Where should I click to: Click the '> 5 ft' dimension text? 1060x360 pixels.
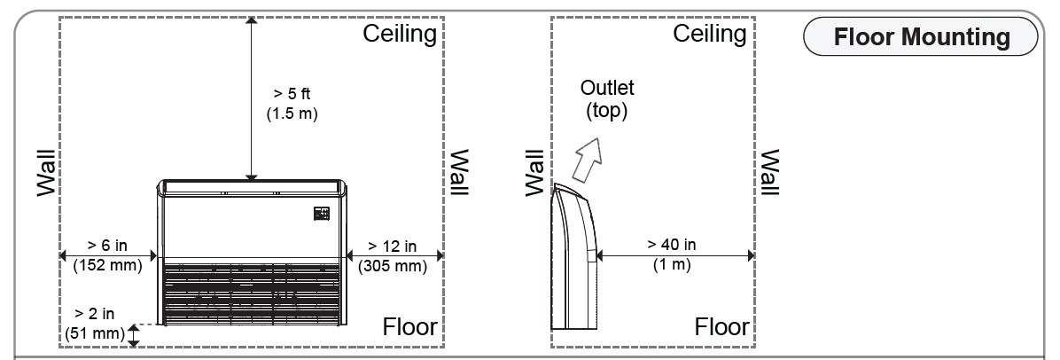pos(292,93)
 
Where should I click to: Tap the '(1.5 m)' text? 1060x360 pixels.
pos(292,113)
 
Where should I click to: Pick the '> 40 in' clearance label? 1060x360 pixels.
pos(672,244)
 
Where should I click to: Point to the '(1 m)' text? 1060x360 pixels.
pos(672,264)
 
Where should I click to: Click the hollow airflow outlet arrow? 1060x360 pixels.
pos(586,160)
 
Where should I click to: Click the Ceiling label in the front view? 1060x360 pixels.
pos(401,35)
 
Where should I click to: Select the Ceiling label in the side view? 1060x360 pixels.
pos(709,35)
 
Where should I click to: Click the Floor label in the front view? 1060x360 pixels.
pos(409,327)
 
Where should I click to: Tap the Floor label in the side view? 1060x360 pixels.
pos(721,327)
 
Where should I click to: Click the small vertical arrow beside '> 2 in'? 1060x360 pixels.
pos(135,334)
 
